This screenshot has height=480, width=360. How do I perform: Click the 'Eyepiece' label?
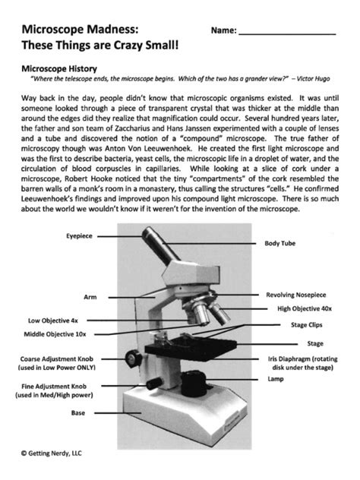(77, 236)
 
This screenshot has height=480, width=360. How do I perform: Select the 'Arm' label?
(90, 297)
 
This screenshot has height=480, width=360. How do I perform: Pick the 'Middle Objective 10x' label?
(55, 333)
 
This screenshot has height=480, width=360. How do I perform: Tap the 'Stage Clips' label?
(307, 324)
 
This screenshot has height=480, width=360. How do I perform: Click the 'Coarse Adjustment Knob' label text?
(48, 358)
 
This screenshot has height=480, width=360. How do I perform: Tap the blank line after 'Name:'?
(286, 33)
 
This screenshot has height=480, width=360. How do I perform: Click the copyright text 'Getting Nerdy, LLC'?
(58, 453)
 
